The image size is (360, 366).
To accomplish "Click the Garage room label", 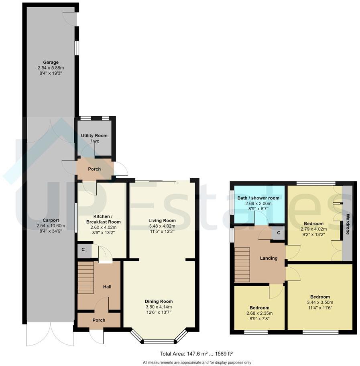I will [51, 62].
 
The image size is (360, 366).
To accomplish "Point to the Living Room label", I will [162, 220].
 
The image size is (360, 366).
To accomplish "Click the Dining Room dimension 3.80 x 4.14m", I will [159, 307].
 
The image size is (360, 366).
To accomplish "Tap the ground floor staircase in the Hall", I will [85, 278].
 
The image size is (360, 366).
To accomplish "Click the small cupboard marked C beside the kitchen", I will [83, 250].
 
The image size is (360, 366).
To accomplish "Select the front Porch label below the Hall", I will [99, 320].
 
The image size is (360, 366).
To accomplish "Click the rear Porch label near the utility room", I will [95, 169].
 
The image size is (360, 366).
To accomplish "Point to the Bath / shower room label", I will [259, 198].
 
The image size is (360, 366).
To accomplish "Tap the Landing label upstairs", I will [268, 258].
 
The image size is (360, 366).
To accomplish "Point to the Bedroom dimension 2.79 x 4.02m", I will [313, 229].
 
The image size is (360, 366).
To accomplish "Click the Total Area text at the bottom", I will [197, 354].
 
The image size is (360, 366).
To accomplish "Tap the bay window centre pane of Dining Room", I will [159, 342].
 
